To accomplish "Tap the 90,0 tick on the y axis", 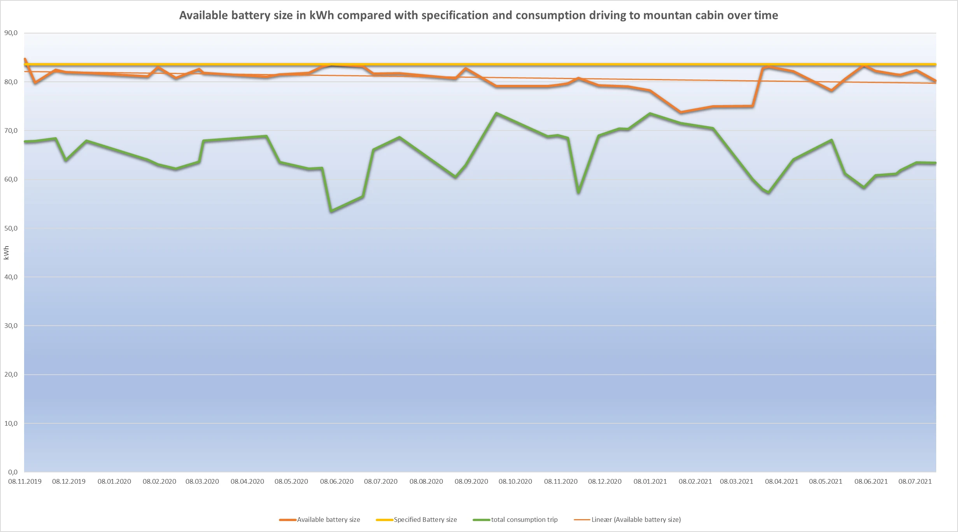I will (11, 33).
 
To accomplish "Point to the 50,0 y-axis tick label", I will (11, 228).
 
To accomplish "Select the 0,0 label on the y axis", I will (12, 472).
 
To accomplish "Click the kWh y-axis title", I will (6, 253).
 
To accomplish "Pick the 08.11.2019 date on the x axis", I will (25, 481).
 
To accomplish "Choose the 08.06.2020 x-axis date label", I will (336, 481).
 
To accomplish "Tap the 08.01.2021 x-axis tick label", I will (650, 481).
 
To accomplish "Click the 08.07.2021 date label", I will (915, 481).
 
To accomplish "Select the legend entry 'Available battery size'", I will (328, 520).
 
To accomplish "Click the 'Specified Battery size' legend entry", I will (425, 520).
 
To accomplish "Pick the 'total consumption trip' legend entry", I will (524, 520).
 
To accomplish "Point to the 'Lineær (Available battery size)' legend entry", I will (636, 520).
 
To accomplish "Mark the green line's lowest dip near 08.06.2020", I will (331, 211).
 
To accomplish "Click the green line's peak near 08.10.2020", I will (496, 113).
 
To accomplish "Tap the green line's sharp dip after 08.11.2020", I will (578, 192).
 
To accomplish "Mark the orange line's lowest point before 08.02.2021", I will (680, 112).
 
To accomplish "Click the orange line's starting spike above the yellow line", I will (25, 59).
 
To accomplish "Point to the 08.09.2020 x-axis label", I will (471, 481).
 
